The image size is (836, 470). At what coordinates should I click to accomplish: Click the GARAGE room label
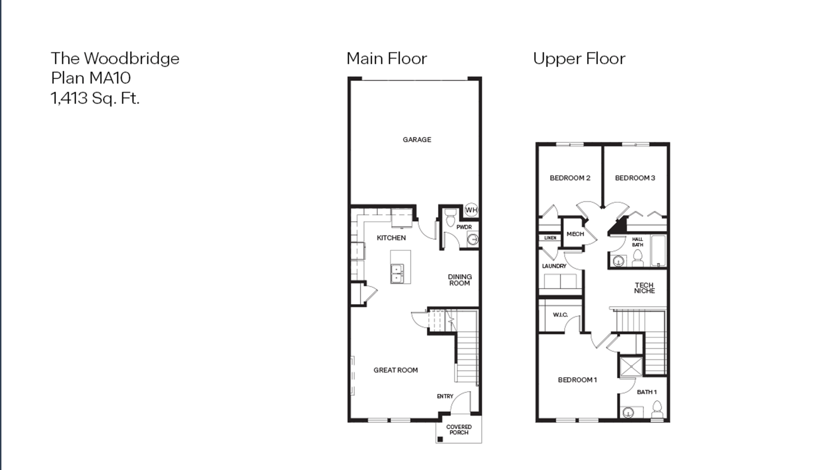417,139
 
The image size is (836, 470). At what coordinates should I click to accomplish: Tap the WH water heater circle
471,210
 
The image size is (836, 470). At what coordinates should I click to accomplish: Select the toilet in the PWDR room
450,218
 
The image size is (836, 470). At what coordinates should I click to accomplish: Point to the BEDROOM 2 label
570,178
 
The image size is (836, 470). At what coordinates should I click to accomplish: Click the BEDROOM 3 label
635,178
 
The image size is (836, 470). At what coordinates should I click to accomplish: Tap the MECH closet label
575,234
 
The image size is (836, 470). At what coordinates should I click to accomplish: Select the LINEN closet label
550,238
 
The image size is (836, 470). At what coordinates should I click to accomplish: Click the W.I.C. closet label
560,315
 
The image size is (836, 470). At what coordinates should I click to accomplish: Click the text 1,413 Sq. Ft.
95,98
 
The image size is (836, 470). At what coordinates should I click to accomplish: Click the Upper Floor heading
579,59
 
